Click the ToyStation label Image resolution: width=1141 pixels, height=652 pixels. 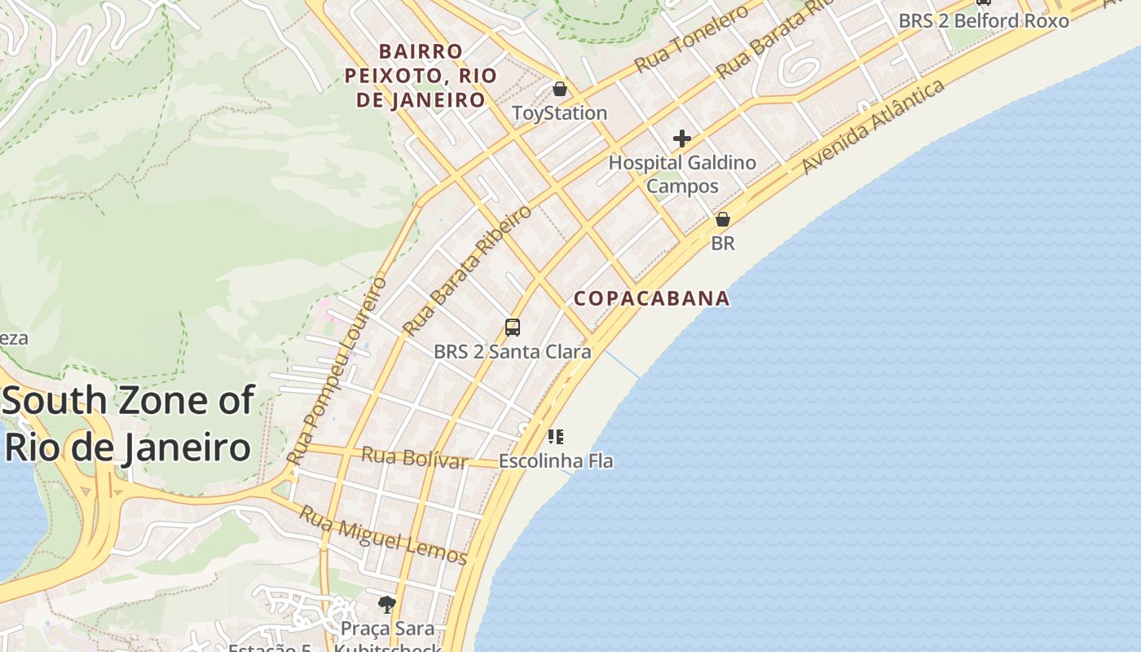pos(559,112)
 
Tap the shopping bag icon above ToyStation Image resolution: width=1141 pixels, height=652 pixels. pos(559,89)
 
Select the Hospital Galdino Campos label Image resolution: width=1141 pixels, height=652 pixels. pos(682,174)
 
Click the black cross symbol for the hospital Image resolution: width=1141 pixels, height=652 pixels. pos(682,139)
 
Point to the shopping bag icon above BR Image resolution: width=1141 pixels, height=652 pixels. pos(722,219)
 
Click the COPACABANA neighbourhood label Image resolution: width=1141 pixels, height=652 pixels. pos(652,298)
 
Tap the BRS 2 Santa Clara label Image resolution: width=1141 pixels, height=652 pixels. pos(512,352)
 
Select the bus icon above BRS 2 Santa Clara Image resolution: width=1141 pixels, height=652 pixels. pos(512,328)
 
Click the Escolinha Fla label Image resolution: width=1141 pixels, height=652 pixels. pos(556,460)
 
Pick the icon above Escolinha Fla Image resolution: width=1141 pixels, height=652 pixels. pos(556,437)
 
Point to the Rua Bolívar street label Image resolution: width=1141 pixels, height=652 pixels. pos(415,457)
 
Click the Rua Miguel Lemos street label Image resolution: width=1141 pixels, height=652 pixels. pos(382,535)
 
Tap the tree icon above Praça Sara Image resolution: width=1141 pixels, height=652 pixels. pos(387,604)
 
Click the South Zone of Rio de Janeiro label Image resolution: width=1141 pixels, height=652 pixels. pos(129,424)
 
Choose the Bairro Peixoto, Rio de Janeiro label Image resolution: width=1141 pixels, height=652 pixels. pos(421,76)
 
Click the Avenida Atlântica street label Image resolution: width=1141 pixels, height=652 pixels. pos(873,126)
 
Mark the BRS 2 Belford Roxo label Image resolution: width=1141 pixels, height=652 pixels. pos(984,20)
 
